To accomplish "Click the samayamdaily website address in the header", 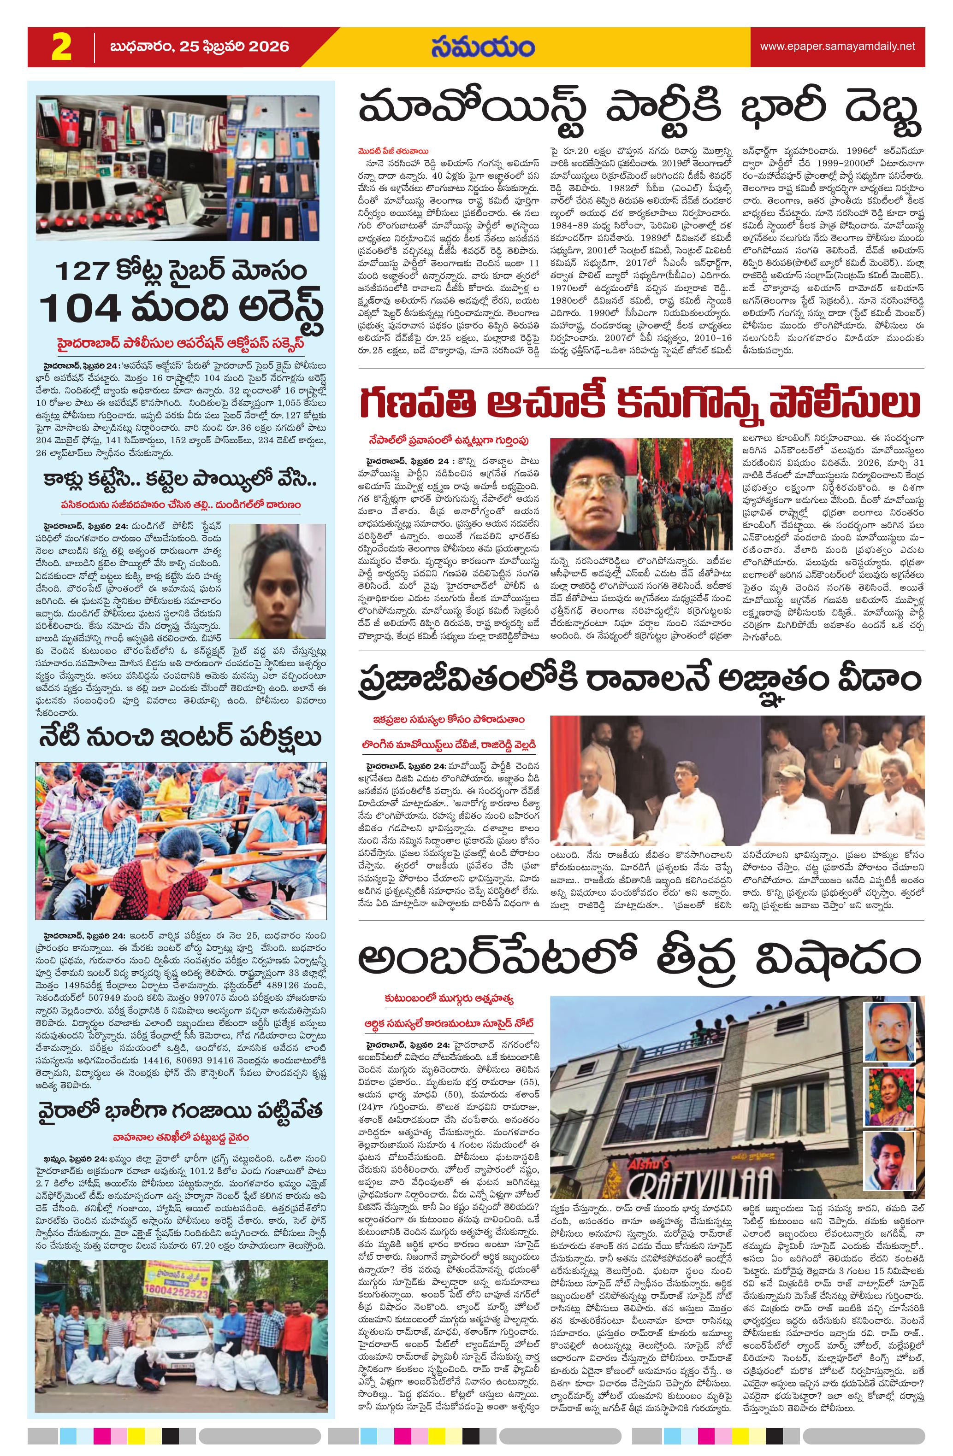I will pyautogui.click(x=837, y=47).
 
